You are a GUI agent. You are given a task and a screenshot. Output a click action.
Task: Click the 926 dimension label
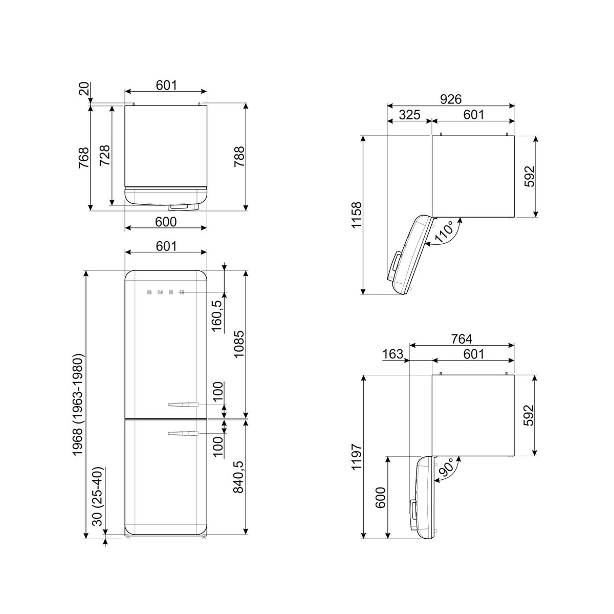[x=451, y=99]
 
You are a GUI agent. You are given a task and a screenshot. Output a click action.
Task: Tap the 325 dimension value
[x=410, y=115]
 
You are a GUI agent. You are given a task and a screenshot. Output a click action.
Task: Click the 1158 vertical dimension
[x=357, y=215]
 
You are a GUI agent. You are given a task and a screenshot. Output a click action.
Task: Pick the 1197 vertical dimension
[x=357, y=456]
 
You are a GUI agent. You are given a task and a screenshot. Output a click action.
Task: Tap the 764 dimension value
[x=462, y=338]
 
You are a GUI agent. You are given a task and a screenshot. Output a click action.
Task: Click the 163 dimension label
[x=392, y=354]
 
